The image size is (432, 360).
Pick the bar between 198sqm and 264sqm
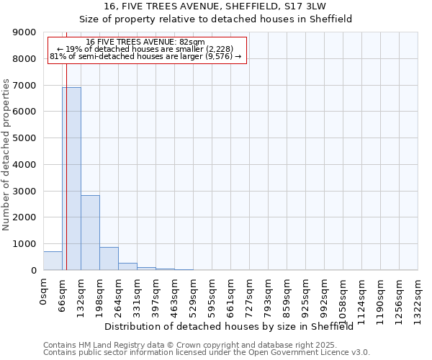(x=109, y=258)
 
